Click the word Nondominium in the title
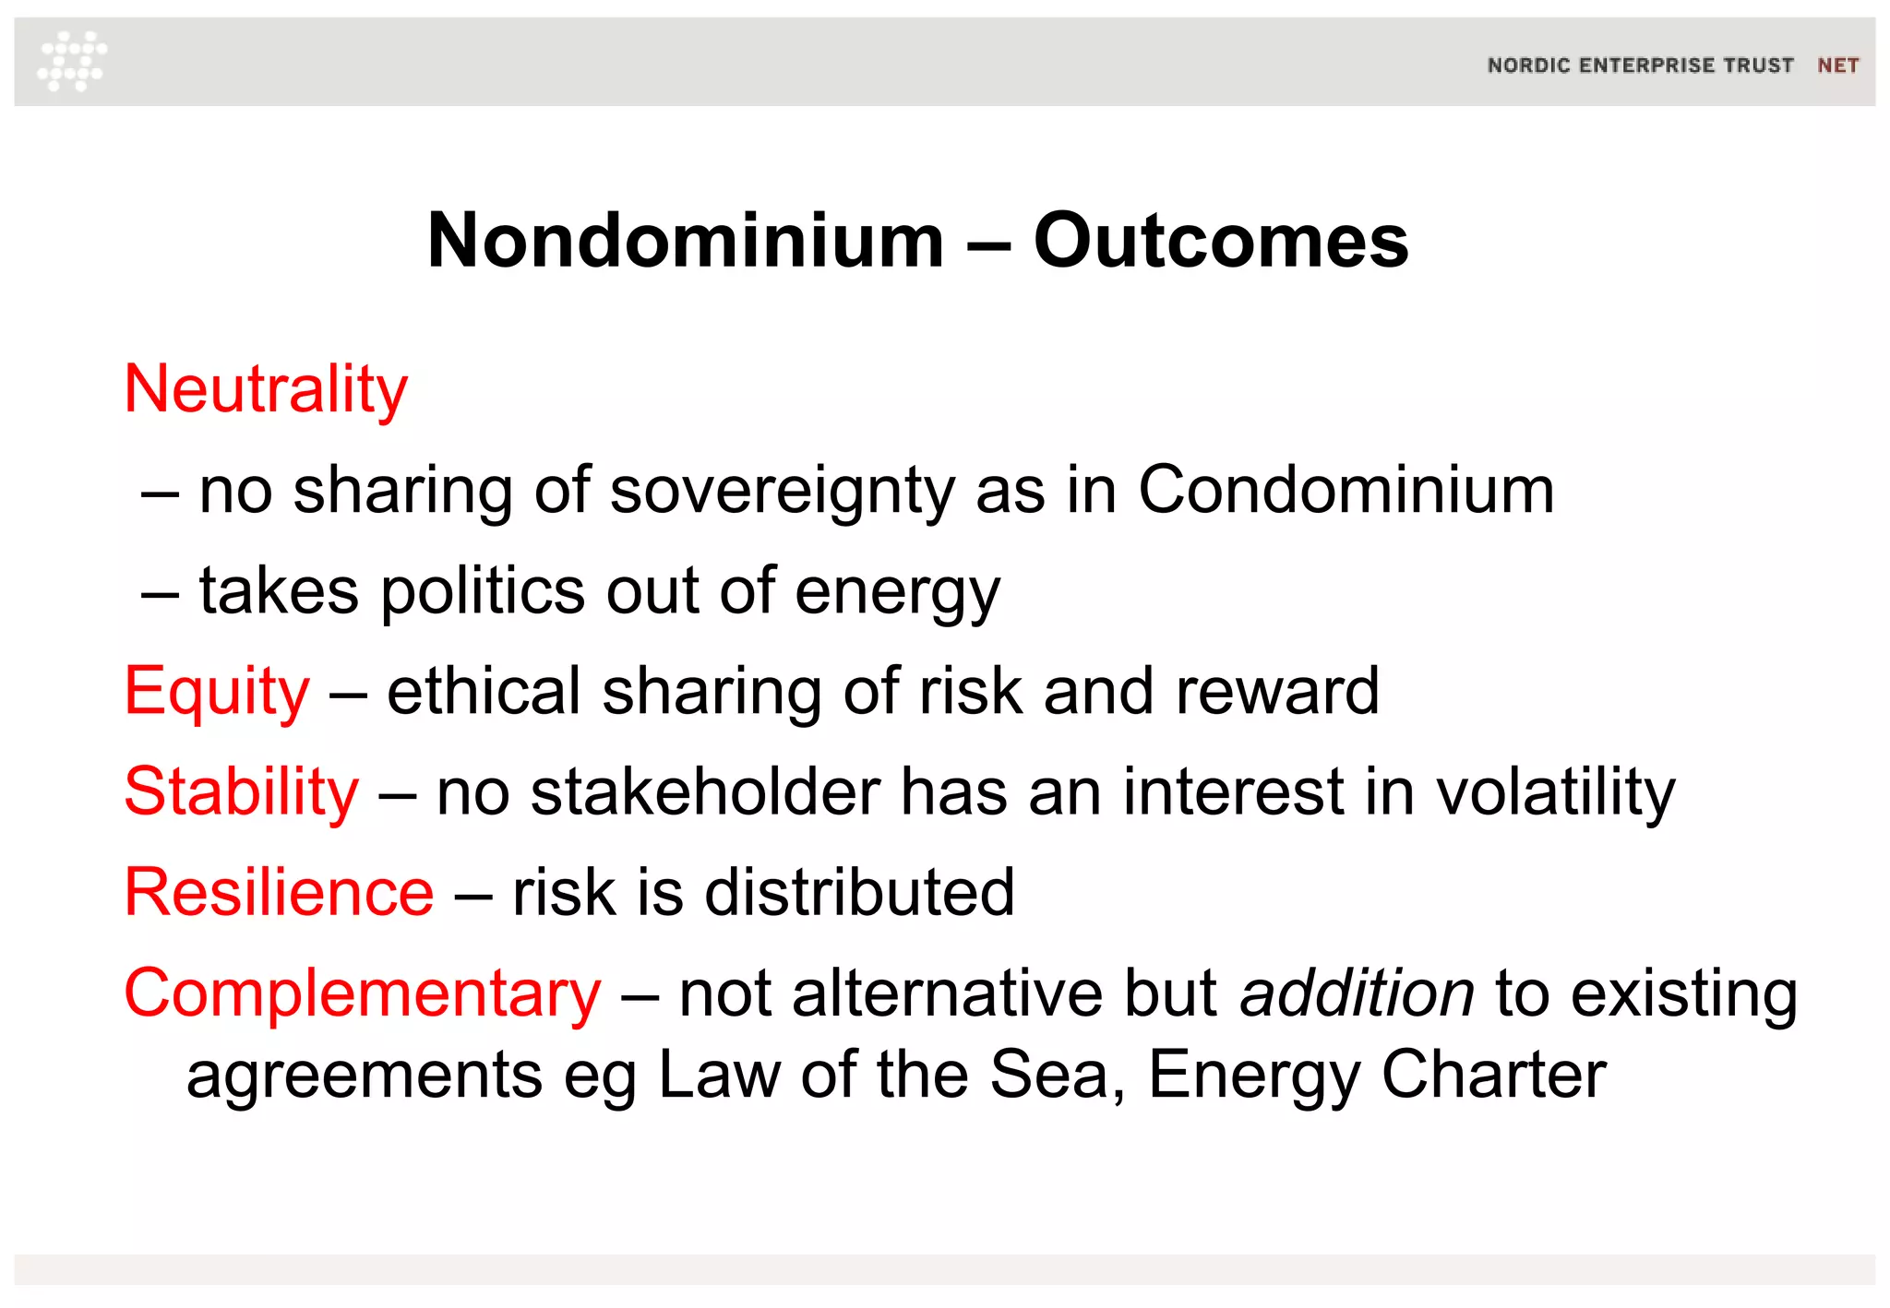pyautogui.click(x=686, y=241)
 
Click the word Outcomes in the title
pyautogui.click(x=1220, y=241)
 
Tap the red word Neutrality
pyautogui.click(x=266, y=390)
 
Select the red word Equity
pyautogui.click(x=217, y=692)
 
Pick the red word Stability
pyautogui.click(x=242, y=792)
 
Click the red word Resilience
pyautogui.click(x=279, y=893)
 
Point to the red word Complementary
pyautogui.click(x=363, y=994)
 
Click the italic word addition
pyautogui.click(x=1357, y=994)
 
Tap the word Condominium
pyautogui.click(x=1346, y=490)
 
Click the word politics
pyautogui.click(x=483, y=591)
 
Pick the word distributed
pyautogui.click(x=859, y=893)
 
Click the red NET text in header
pyautogui.click(x=1837, y=65)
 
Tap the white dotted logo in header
pyautogui.click(x=72, y=61)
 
